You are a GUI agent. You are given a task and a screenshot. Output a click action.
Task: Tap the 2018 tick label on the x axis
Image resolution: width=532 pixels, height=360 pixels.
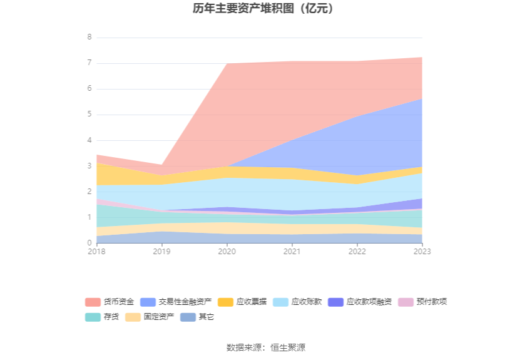96,251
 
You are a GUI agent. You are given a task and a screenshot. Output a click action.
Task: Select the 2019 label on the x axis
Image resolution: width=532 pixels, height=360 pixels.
161,251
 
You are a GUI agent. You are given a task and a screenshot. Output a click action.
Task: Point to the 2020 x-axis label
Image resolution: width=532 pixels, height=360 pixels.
227,251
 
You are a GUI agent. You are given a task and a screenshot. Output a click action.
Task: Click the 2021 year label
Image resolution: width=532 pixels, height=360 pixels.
292,251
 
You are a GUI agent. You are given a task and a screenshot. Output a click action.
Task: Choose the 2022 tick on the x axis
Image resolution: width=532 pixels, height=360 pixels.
357,251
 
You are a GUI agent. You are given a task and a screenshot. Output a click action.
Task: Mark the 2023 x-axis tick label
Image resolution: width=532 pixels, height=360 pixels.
422,251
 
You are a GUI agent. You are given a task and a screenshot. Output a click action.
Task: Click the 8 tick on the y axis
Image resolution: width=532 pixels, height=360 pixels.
90,37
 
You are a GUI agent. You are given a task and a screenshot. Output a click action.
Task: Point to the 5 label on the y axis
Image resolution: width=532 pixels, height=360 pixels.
90,115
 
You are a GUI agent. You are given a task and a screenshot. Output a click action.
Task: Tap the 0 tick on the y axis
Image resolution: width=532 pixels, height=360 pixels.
90,243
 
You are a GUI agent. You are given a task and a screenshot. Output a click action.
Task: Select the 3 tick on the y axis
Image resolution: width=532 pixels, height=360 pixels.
90,166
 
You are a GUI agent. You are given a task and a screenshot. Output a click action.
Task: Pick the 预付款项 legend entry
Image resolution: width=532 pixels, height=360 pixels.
431,302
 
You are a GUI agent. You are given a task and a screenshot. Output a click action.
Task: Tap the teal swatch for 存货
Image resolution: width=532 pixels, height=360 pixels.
93,317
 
